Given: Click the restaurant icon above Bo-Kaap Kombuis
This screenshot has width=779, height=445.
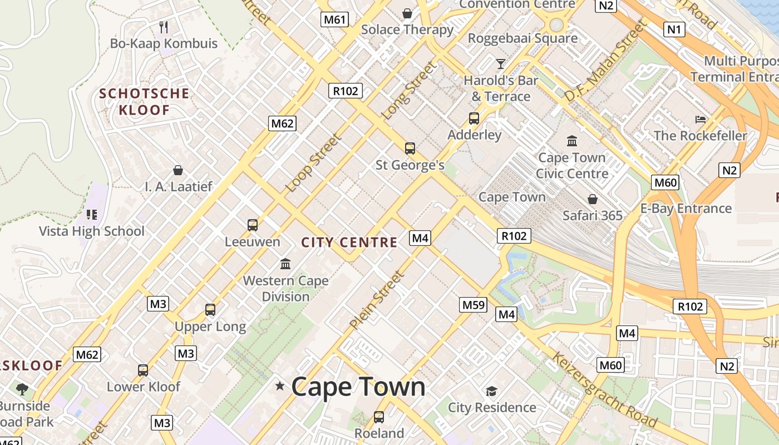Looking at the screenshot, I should [164, 27].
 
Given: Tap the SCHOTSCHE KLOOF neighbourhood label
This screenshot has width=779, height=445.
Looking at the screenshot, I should [144, 102].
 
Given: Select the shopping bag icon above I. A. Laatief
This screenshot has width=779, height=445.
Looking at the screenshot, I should [178, 170].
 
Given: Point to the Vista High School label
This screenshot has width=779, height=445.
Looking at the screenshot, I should [92, 231].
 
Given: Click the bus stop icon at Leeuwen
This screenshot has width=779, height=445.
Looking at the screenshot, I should [253, 225].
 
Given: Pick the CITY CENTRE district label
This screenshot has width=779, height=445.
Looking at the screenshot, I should [349, 243].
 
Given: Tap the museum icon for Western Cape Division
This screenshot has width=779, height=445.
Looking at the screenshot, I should [285, 264].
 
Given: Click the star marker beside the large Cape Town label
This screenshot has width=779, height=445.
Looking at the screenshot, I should [280, 385].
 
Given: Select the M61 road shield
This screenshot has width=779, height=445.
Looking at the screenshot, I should [335, 20].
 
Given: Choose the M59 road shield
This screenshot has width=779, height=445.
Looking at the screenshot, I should [474, 305].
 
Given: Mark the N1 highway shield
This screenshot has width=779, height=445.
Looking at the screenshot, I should [674, 29].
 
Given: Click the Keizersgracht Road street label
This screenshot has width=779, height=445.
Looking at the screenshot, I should [603, 390].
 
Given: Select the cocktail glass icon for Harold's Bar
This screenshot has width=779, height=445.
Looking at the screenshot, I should [501, 64].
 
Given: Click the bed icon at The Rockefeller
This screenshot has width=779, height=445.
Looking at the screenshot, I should [701, 120].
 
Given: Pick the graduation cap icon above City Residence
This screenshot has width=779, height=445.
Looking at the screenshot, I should [491, 392].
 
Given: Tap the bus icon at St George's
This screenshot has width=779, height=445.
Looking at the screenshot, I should [410, 149].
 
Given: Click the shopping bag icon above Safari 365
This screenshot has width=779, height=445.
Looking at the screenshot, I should [593, 199].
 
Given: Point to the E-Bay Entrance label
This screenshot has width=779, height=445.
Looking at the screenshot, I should [686, 209].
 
